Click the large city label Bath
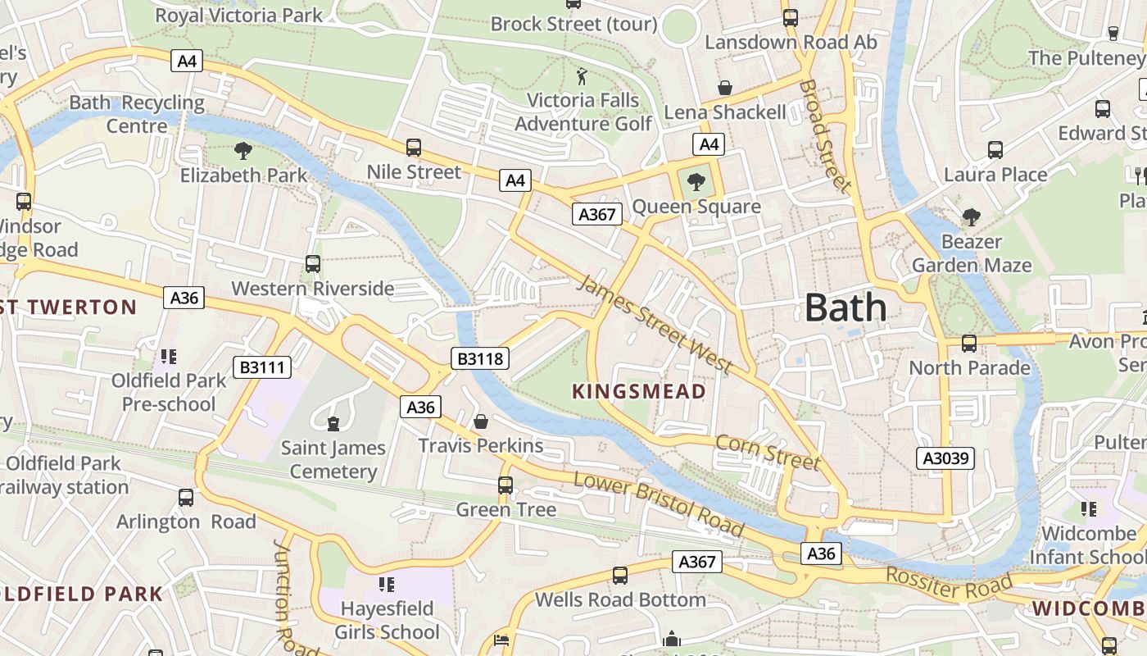(846, 307)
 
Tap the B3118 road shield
(480, 358)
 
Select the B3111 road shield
(262, 367)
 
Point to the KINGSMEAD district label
(639, 391)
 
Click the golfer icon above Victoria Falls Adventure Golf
(583, 77)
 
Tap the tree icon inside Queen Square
(696, 180)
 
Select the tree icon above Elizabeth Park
(243, 150)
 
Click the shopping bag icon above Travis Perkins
(481, 421)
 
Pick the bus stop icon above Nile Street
(414, 148)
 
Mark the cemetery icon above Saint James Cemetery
(333, 423)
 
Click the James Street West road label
(654, 325)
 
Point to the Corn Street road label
(768, 453)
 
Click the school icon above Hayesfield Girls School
(387, 585)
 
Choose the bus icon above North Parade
(969, 343)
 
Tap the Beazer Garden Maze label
(971, 253)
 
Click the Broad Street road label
(825, 135)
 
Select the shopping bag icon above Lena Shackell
(725, 87)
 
